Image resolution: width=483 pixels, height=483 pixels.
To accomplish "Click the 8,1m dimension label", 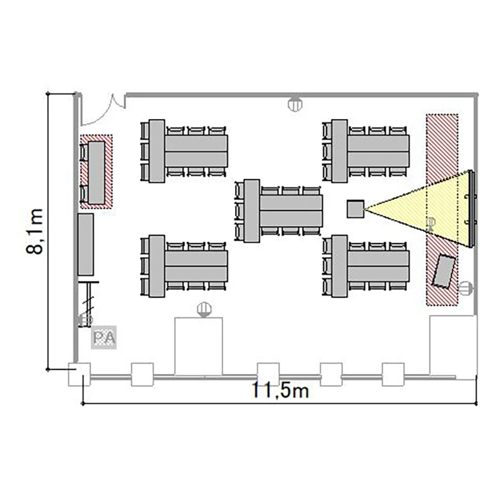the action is (x=35, y=232).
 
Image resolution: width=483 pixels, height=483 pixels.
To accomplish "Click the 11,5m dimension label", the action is (x=280, y=390).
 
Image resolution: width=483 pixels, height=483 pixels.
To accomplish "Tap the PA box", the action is (x=104, y=337).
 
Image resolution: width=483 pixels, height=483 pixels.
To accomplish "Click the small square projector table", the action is (x=355, y=209).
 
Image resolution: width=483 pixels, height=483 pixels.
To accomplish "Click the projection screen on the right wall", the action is (x=471, y=209).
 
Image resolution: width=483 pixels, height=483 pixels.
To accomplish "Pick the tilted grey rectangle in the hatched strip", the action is (x=444, y=271).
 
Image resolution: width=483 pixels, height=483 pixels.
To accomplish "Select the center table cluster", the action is (x=279, y=211).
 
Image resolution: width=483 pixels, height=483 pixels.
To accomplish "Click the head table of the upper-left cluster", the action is (x=156, y=151).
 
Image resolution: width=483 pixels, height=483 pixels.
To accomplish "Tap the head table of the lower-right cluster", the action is (x=339, y=266).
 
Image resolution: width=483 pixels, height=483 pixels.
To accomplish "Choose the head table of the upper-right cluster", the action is (x=339, y=151).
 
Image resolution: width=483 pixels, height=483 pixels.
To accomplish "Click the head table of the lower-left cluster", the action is (x=156, y=266).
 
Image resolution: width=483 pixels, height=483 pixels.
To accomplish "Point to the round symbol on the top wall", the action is (x=295, y=104).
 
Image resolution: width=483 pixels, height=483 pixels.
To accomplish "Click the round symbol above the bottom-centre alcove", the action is (x=204, y=309).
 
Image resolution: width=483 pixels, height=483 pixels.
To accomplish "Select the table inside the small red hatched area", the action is (x=97, y=172).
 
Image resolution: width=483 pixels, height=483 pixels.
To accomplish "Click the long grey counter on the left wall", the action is (x=86, y=244).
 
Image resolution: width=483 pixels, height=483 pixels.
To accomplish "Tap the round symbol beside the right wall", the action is (x=466, y=289).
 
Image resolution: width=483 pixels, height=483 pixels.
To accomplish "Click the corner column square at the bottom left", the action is (x=79, y=374).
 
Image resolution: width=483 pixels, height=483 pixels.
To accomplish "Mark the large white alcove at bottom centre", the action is (x=199, y=346).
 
